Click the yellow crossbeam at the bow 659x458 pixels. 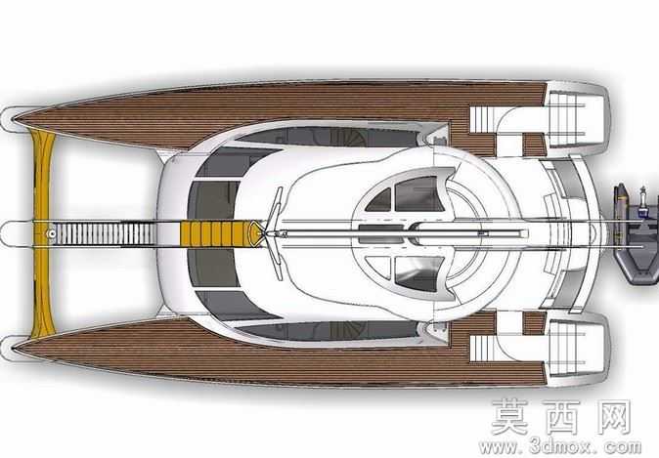[x=42, y=233]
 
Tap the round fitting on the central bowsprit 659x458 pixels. [x=52, y=233]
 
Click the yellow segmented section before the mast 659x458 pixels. [x=216, y=233]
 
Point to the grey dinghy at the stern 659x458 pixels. [x=636, y=233]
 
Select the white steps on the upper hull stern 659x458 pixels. [x=482, y=119]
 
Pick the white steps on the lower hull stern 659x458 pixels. [x=482, y=348]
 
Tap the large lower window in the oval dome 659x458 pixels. [x=419, y=273]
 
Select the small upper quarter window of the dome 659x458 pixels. [x=379, y=200]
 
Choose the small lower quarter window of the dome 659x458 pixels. [x=379, y=267]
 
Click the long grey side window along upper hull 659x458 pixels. [x=328, y=137]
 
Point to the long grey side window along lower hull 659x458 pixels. [x=328, y=330]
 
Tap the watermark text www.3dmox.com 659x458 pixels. [x=560, y=446]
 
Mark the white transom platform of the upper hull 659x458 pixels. [x=577, y=113]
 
